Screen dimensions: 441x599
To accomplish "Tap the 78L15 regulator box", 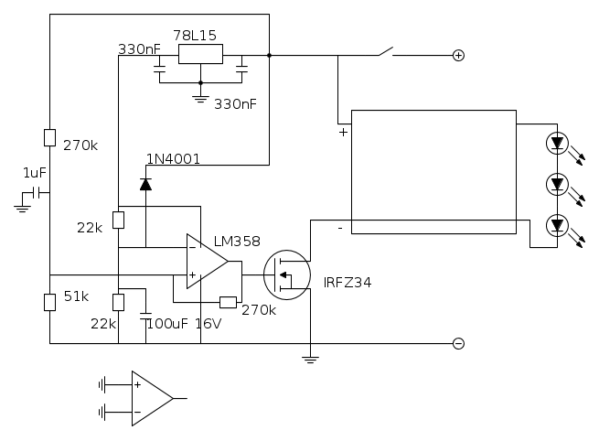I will [x=200, y=54].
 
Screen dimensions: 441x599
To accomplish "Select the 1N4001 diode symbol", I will [x=145, y=184].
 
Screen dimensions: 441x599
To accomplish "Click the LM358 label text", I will [x=237, y=242].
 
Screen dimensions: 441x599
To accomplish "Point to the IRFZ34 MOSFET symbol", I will [x=286, y=272].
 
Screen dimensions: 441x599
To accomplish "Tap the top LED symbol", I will [x=557, y=142].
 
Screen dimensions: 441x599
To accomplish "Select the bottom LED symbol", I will [x=557, y=225].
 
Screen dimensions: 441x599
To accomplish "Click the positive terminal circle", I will [x=458, y=55].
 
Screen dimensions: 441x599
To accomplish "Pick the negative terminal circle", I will [x=458, y=344].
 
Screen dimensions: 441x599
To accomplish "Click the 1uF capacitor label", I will [x=35, y=173].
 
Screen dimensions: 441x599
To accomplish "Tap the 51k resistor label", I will [x=76, y=296].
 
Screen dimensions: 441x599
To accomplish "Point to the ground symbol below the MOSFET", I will [x=311, y=359].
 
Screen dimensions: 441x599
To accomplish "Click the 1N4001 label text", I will [x=173, y=158].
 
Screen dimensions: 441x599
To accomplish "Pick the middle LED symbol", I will [x=557, y=184].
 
